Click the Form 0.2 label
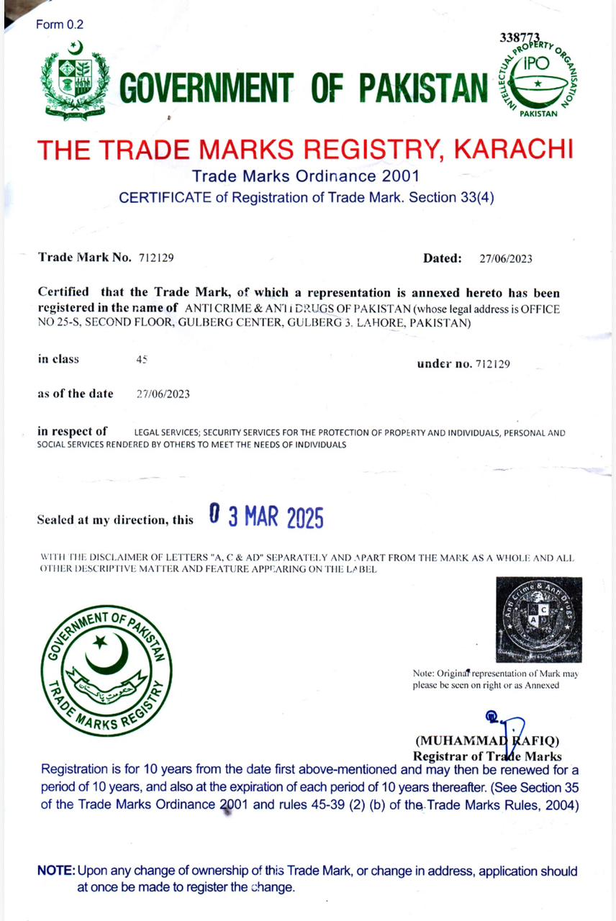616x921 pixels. (60, 24)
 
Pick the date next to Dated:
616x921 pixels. (506, 258)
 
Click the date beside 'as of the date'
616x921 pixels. (163, 394)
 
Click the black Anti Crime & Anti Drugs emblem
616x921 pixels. (538, 620)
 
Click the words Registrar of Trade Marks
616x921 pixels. (487, 756)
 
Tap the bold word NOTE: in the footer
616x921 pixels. (56, 871)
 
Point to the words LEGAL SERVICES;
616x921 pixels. (166, 433)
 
